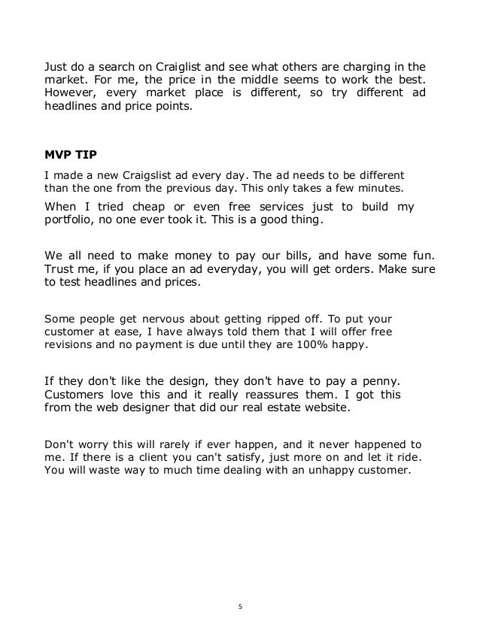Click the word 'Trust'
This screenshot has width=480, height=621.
pos(62,267)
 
